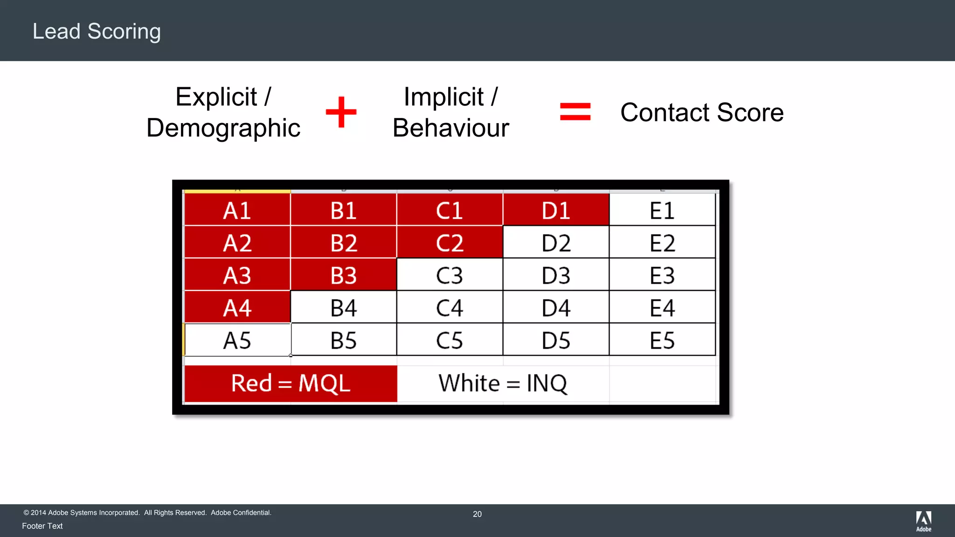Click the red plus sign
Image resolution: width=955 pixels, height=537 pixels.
341,112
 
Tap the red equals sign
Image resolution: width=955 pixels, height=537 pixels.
575,112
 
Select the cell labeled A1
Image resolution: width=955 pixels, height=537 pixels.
237,210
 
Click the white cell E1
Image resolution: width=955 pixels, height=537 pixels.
662,210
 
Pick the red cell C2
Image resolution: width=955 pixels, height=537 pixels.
450,243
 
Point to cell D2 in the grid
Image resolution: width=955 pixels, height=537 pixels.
556,243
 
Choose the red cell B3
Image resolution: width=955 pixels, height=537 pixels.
343,275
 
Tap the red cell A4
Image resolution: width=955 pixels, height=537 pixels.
237,308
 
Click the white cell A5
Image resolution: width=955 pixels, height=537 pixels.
237,340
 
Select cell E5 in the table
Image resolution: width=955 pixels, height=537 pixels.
662,340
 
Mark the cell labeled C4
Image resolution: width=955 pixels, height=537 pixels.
450,308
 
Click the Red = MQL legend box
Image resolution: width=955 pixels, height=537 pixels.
291,384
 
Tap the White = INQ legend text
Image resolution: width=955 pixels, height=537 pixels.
503,384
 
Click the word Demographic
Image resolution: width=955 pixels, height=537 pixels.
223,128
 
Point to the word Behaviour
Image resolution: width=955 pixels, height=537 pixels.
450,128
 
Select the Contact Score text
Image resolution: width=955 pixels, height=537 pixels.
702,112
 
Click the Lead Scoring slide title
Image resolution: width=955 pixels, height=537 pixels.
97,31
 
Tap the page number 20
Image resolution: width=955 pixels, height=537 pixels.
477,514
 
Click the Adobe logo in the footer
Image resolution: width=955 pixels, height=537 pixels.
923,521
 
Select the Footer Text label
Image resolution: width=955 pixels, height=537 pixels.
42,526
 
